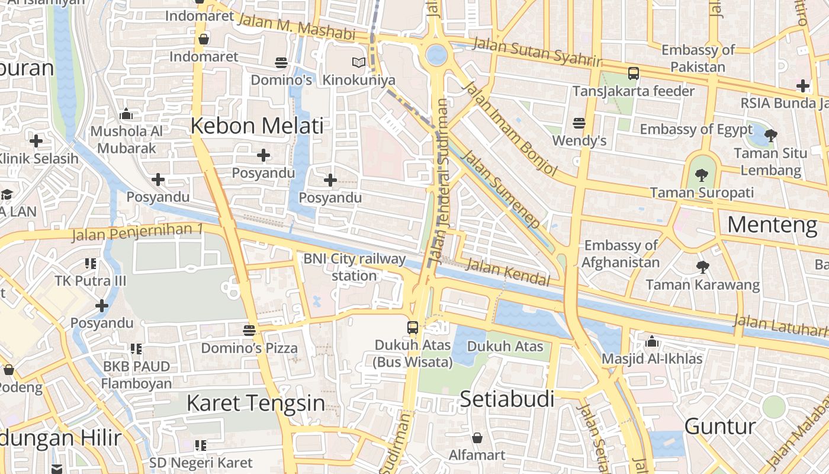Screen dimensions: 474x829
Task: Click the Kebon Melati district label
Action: [x=257, y=126]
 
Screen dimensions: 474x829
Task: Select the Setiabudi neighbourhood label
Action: [x=507, y=399]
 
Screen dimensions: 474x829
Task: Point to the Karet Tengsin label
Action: [x=255, y=403]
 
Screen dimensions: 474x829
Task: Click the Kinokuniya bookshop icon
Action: [x=358, y=62]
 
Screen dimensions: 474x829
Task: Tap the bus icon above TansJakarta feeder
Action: [x=634, y=73]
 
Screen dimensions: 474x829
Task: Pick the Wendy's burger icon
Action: [x=579, y=123]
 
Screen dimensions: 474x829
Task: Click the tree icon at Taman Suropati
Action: [x=702, y=175]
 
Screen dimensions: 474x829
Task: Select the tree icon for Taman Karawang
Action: [x=702, y=267]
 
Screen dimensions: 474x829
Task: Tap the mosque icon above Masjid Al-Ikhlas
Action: [x=652, y=341]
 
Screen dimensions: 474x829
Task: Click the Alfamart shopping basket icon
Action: [x=477, y=438]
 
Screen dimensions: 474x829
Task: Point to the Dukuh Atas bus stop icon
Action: [x=413, y=327]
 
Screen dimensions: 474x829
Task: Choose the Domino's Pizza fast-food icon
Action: [x=249, y=330]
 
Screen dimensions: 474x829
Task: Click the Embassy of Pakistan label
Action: [x=698, y=58]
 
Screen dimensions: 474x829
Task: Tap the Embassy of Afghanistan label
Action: [x=621, y=254]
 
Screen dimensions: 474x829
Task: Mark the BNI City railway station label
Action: [x=354, y=267]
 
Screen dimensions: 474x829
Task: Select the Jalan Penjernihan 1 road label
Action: [x=137, y=232]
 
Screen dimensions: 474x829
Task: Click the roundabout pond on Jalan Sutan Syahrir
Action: [x=436, y=55]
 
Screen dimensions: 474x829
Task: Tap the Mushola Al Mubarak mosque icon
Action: [x=126, y=114]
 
